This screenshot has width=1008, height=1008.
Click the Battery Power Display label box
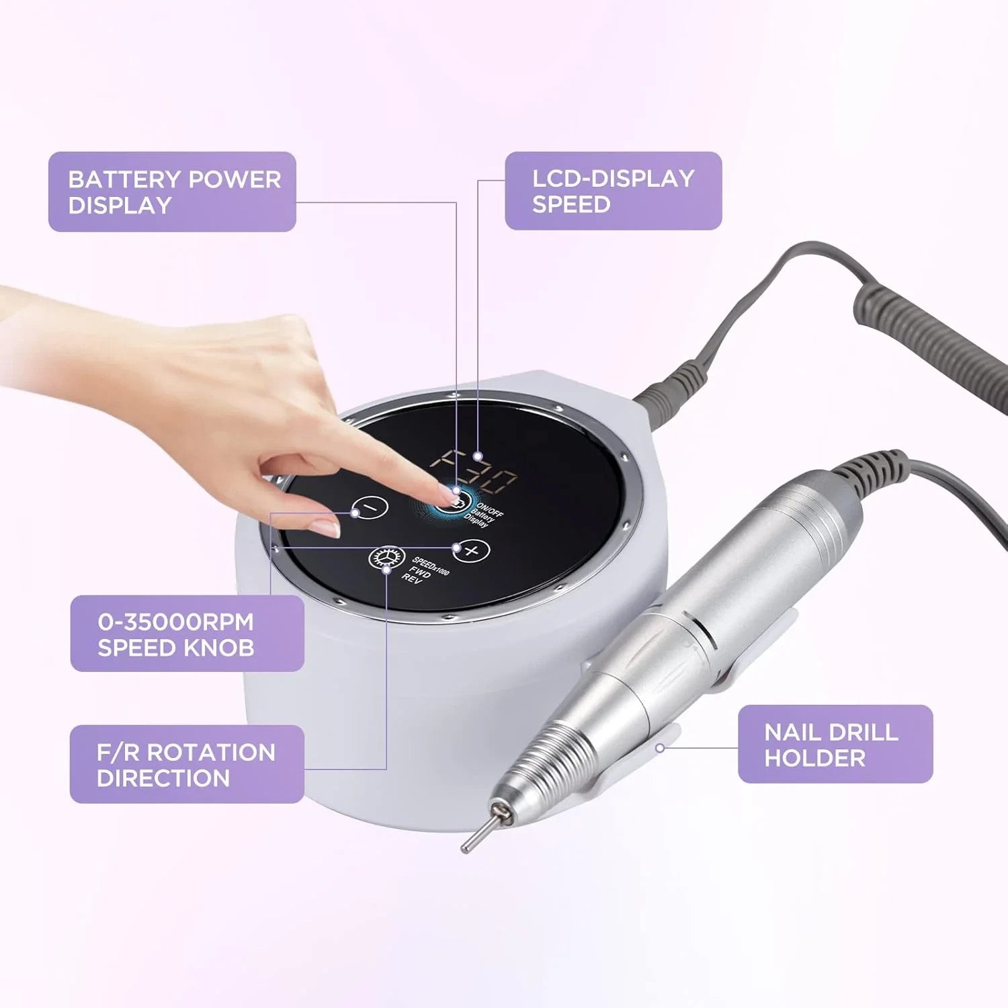click(x=172, y=192)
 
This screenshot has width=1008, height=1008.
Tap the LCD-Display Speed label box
click(x=613, y=191)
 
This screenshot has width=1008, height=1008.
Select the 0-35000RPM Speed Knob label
click(x=187, y=634)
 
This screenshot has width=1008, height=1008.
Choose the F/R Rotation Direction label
click(x=187, y=764)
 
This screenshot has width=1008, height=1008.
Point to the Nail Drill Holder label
click(x=835, y=744)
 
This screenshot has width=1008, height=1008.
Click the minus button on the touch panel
click(x=372, y=506)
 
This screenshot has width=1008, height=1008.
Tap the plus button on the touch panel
click(x=471, y=551)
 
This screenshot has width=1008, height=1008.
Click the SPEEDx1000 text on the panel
click(x=431, y=566)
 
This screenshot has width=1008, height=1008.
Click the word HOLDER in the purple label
click(x=814, y=758)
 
